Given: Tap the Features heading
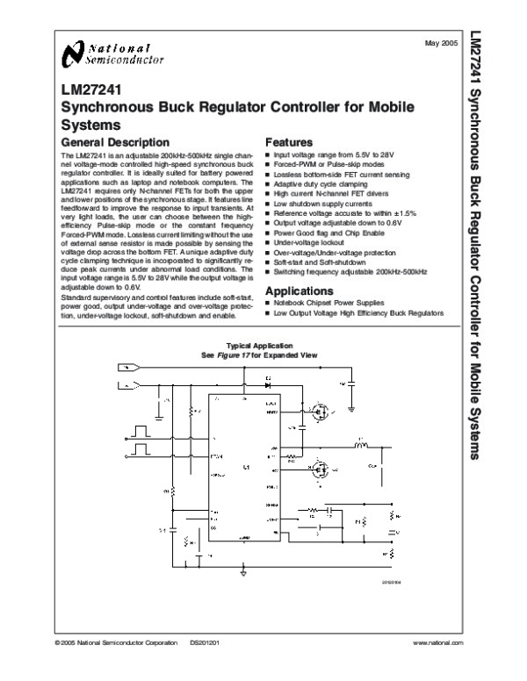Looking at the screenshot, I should [289, 141].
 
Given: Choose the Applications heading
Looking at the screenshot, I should [300, 290].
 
